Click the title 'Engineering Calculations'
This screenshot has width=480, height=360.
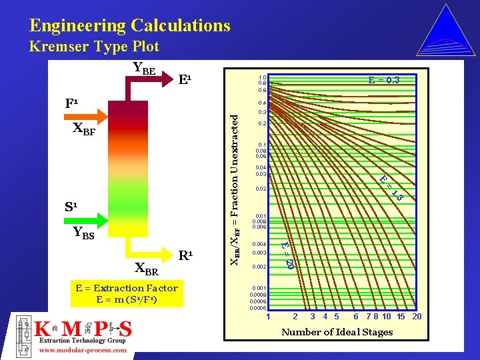coord(130,26)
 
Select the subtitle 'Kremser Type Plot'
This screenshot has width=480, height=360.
coord(94,47)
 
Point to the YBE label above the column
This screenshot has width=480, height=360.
coord(144,67)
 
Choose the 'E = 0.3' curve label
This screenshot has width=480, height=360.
coord(384,80)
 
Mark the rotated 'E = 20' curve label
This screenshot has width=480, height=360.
coord(287,255)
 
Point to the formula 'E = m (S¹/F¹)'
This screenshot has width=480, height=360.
coord(127,299)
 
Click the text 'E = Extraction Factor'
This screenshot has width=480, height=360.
coord(127,288)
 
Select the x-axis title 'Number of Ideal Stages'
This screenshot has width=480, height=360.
coord(337,332)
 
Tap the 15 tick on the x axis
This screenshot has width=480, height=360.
coord(401,316)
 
